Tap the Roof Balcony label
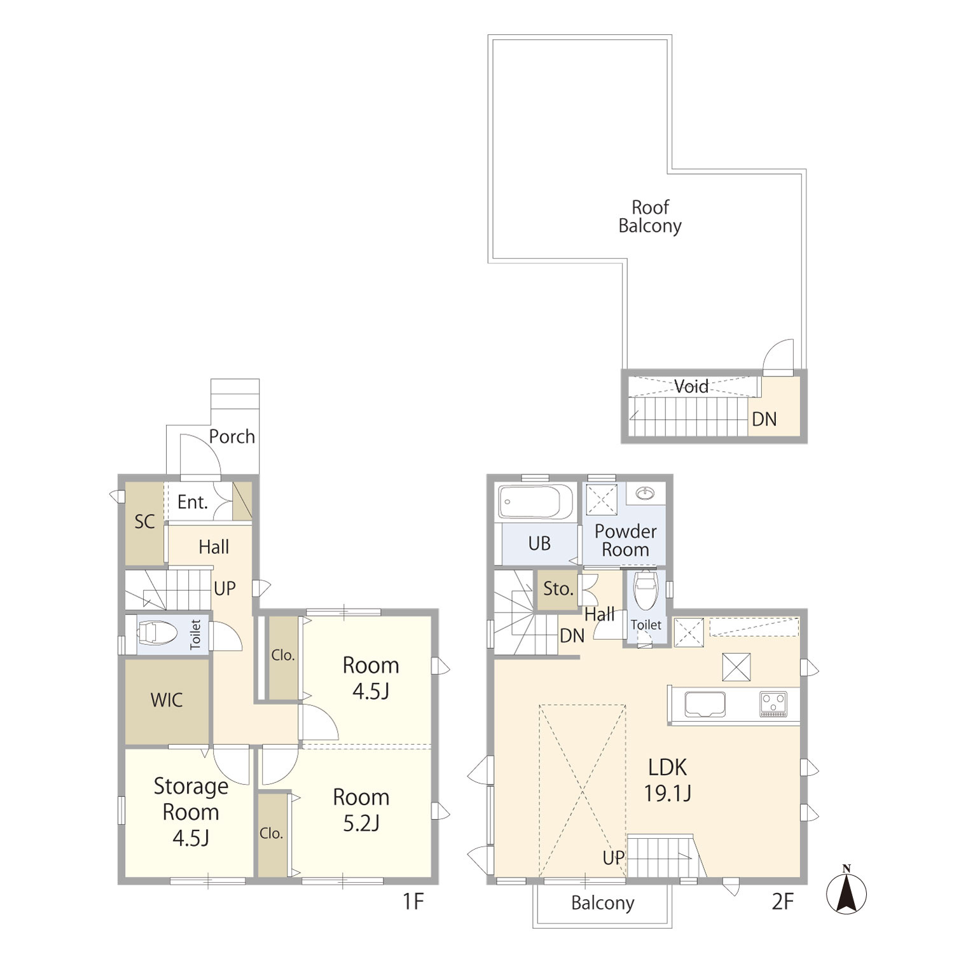pos(650,216)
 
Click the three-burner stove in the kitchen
pos(773,704)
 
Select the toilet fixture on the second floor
pos(646,590)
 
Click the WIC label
pos(167,700)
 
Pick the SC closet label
pos(144,522)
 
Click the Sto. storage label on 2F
pos(558,589)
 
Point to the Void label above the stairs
pos(691,386)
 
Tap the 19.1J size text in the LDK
pos(668,793)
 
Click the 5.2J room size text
pos(361,823)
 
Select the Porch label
pos(232,436)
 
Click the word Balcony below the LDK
pos(603,903)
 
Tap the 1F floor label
pos(413,901)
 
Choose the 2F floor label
pos(783,901)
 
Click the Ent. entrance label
pos(193,502)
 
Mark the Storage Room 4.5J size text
pos(191,838)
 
